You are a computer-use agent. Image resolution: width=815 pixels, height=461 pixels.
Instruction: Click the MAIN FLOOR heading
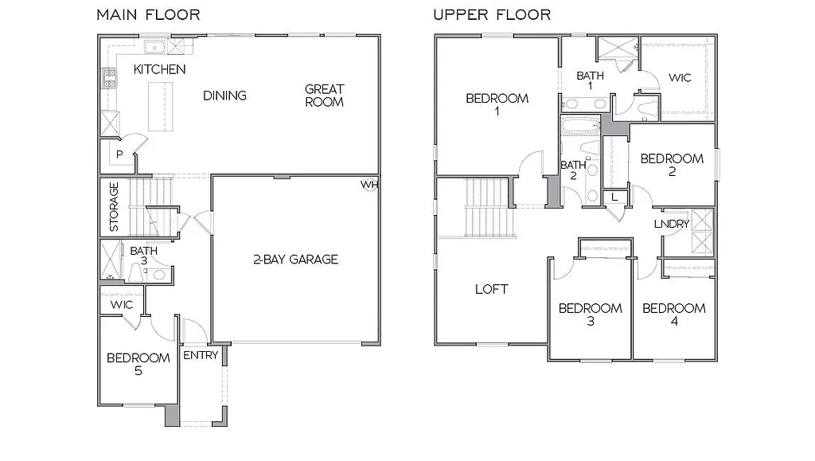[x=148, y=14]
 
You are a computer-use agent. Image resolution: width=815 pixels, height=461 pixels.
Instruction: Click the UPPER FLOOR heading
[x=492, y=14]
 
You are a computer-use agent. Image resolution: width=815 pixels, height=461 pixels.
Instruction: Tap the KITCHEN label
[x=159, y=69]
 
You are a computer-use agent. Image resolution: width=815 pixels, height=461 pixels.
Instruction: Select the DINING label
[x=224, y=96]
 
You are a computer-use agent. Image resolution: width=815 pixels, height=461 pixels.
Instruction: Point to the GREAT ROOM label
[x=324, y=96]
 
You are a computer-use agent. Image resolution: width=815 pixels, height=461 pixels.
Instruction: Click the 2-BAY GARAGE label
[x=296, y=259]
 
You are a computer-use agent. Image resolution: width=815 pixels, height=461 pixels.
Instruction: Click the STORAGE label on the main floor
[x=115, y=206]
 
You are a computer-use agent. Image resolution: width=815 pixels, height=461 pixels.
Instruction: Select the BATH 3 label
[x=144, y=256]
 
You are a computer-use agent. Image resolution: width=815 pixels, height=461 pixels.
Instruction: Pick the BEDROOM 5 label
[x=138, y=364]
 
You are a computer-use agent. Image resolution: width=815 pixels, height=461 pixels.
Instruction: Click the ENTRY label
[x=201, y=355]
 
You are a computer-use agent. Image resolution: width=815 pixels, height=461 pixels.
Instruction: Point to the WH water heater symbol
[x=369, y=185]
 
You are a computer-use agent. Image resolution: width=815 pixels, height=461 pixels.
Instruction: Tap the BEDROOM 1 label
[x=497, y=104]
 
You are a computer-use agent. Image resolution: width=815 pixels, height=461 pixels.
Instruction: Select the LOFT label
[x=491, y=289]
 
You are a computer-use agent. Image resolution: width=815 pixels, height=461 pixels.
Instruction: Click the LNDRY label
[x=672, y=224]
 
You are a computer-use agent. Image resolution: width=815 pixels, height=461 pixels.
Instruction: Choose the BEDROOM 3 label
[x=590, y=314]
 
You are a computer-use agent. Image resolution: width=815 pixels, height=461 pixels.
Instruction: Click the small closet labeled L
[x=614, y=197]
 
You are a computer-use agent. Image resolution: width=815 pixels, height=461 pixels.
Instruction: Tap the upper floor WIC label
[x=680, y=78]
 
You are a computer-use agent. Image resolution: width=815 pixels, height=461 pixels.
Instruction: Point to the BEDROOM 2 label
[x=672, y=165]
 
